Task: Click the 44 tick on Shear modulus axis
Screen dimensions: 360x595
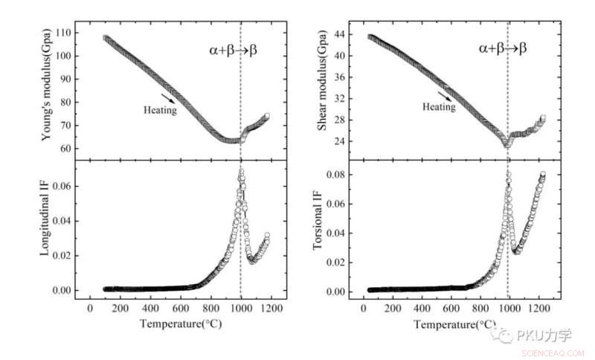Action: pyautogui.click(x=344, y=34)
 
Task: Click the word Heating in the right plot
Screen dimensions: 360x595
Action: pyautogui.click(x=439, y=106)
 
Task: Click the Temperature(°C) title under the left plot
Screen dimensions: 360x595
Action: pyautogui.click(x=174, y=324)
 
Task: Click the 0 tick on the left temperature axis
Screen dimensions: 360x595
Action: pyautogui.click(x=90, y=307)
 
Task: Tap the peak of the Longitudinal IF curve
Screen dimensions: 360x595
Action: pyautogui.click(x=241, y=172)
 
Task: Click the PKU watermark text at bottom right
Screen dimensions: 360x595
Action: pyautogui.click(x=536, y=335)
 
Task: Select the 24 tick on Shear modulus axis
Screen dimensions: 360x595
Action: pyautogui.click(x=344, y=141)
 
